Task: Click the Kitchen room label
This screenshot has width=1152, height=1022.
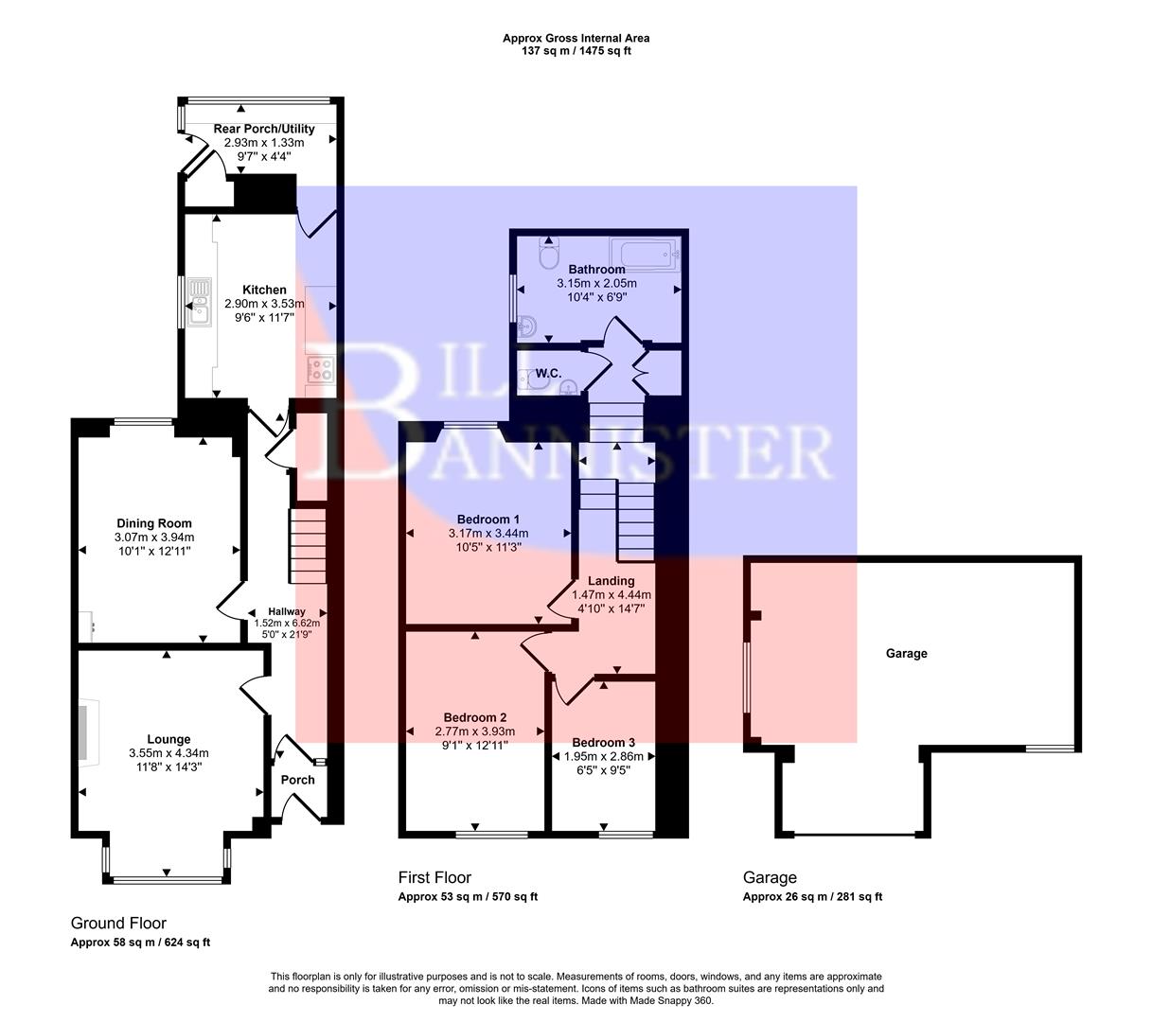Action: point(264,290)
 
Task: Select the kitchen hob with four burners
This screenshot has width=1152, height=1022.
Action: point(320,369)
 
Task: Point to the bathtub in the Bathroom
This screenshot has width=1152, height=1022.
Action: point(645,253)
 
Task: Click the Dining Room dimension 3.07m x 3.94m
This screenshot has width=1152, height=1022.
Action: point(154,537)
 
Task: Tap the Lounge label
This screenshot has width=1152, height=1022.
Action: point(168,739)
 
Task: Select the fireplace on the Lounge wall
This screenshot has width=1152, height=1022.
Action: point(86,731)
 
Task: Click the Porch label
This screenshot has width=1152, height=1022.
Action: point(298,780)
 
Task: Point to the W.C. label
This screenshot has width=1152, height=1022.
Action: point(549,374)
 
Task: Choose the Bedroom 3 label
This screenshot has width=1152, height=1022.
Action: point(603,742)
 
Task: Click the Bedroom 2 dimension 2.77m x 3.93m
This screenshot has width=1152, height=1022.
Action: point(475,731)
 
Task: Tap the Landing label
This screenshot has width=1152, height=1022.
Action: point(611,581)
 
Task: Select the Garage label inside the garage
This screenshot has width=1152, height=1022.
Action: point(906,653)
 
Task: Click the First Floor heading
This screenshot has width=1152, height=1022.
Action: point(434,877)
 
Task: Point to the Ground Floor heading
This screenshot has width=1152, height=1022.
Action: point(118,923)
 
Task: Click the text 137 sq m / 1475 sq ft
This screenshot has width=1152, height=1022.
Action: point(576,51)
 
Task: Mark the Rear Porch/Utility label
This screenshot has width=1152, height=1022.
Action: point(264,129)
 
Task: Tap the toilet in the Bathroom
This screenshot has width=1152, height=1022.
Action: point(548,255)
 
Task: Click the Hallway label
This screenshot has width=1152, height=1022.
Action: point(287,611)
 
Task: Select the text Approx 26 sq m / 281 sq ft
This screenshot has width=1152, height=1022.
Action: point(812,897)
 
